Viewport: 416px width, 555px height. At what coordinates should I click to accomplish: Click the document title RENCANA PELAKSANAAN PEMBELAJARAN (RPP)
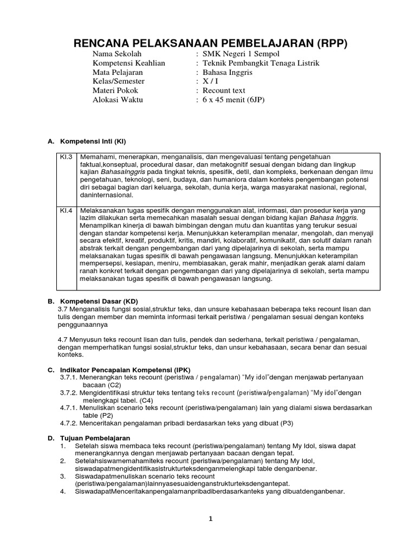(x=210, y=44)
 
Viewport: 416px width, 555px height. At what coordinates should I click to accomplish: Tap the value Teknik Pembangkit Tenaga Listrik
(x=261, y=63)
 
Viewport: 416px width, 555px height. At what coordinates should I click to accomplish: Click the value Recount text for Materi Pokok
(x=224, y=91)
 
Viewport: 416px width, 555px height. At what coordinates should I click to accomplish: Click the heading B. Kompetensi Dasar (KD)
(x=90, y=300)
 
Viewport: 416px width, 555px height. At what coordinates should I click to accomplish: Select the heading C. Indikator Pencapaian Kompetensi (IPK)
(x=119, y=370)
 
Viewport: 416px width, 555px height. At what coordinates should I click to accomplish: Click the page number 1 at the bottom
(x=211, y=519)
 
